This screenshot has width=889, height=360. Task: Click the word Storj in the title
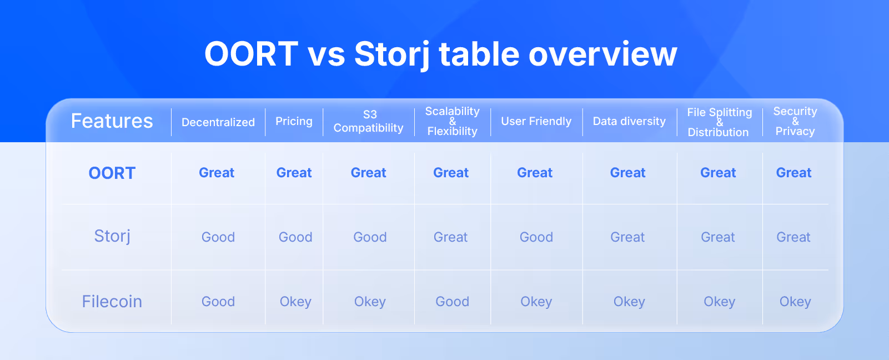coord(391,55)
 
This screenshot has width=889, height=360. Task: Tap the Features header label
coord(112,121)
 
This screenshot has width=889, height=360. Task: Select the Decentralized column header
coord(218,122)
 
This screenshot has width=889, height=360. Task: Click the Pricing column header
coord(294,122)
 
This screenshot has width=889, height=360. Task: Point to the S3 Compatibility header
coord(369,121)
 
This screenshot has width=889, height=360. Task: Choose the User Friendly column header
coord(536,121)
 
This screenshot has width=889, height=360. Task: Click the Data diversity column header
coord(629,121)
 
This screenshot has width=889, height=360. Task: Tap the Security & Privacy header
coord(795,121)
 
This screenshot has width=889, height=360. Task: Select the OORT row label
coord(112,173)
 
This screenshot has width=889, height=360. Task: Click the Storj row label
coord(112,237)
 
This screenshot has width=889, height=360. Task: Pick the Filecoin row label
coord(112,301)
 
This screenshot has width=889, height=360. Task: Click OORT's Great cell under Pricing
coord(294,173)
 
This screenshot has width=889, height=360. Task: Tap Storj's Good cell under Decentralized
coord(218,237)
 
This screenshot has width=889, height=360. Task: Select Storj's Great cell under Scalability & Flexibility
coord(450,237)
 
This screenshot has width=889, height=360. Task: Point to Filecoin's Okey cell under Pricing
coord(295,302)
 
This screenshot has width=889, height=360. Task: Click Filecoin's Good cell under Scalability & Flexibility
coord(452,301)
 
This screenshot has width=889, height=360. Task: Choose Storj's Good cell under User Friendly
coord(536,237)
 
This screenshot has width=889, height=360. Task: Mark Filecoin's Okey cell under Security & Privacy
coord(795,302)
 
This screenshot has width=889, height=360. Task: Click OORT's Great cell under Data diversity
coord(628,173)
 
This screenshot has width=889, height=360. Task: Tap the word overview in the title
coord(602,55)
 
